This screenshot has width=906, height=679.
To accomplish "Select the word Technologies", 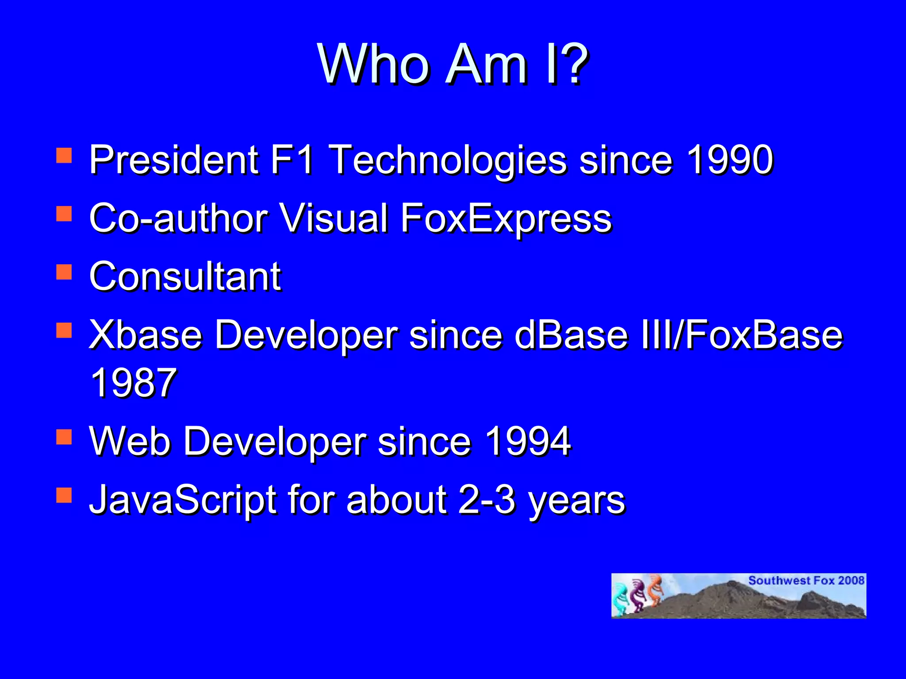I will tap(448, 160).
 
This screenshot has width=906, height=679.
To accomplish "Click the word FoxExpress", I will tap(506, 218).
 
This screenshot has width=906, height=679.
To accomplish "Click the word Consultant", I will tap(185, 276).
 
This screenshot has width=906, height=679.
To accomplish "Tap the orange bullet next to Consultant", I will tap(64, 272).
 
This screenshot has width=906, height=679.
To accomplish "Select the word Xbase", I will tap(146, 335).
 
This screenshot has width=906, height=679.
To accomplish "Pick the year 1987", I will tap(133, 383).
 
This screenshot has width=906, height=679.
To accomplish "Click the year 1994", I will tap(527, 441).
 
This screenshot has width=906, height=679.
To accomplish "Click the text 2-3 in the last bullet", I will tap(487, 500).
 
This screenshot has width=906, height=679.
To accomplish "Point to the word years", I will tap(577, 502).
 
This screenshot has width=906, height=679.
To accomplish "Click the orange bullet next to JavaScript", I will tap(64, 496).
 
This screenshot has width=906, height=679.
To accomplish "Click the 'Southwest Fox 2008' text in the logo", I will tap(806, 580).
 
